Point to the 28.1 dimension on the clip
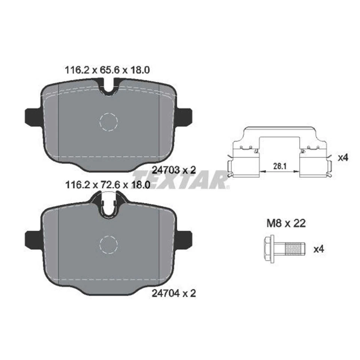[x=278, y=165]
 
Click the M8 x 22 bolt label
[x=286, y=224]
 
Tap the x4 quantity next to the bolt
[x=318, y=249]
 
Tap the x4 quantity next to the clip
[x=343, y=158]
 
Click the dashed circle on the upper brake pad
[x=109, y=121]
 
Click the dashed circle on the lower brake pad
[x=109, y=245]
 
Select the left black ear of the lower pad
[x=32, y=239]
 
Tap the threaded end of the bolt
[x=294, y=248]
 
